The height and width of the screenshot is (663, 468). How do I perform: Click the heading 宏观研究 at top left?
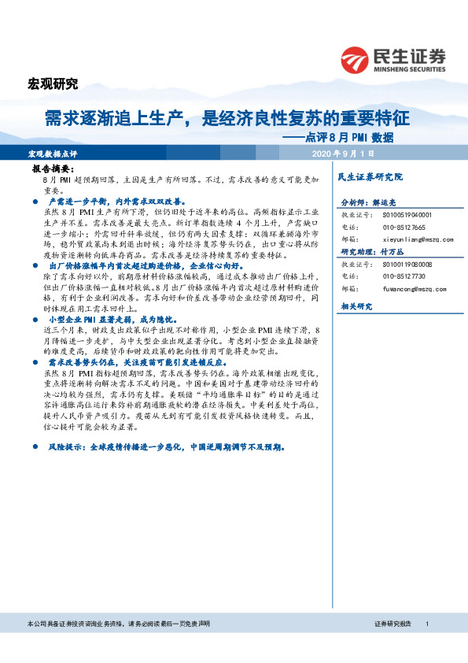click(x=53, y=84)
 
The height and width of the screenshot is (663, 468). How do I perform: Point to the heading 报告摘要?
click(x=53, y=169)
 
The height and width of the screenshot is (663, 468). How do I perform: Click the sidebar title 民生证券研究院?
click(x=369, y=176)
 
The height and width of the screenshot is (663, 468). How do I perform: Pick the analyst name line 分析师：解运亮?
click(x=369, y=202)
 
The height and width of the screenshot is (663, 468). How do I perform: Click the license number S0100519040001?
click(x=398, y=214)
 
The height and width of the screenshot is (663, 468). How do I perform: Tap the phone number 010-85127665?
click(x=392, y=226)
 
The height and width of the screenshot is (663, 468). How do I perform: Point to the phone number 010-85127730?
click(x=392, y=276)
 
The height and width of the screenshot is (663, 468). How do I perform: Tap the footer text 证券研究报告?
click(x=392, y=623)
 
